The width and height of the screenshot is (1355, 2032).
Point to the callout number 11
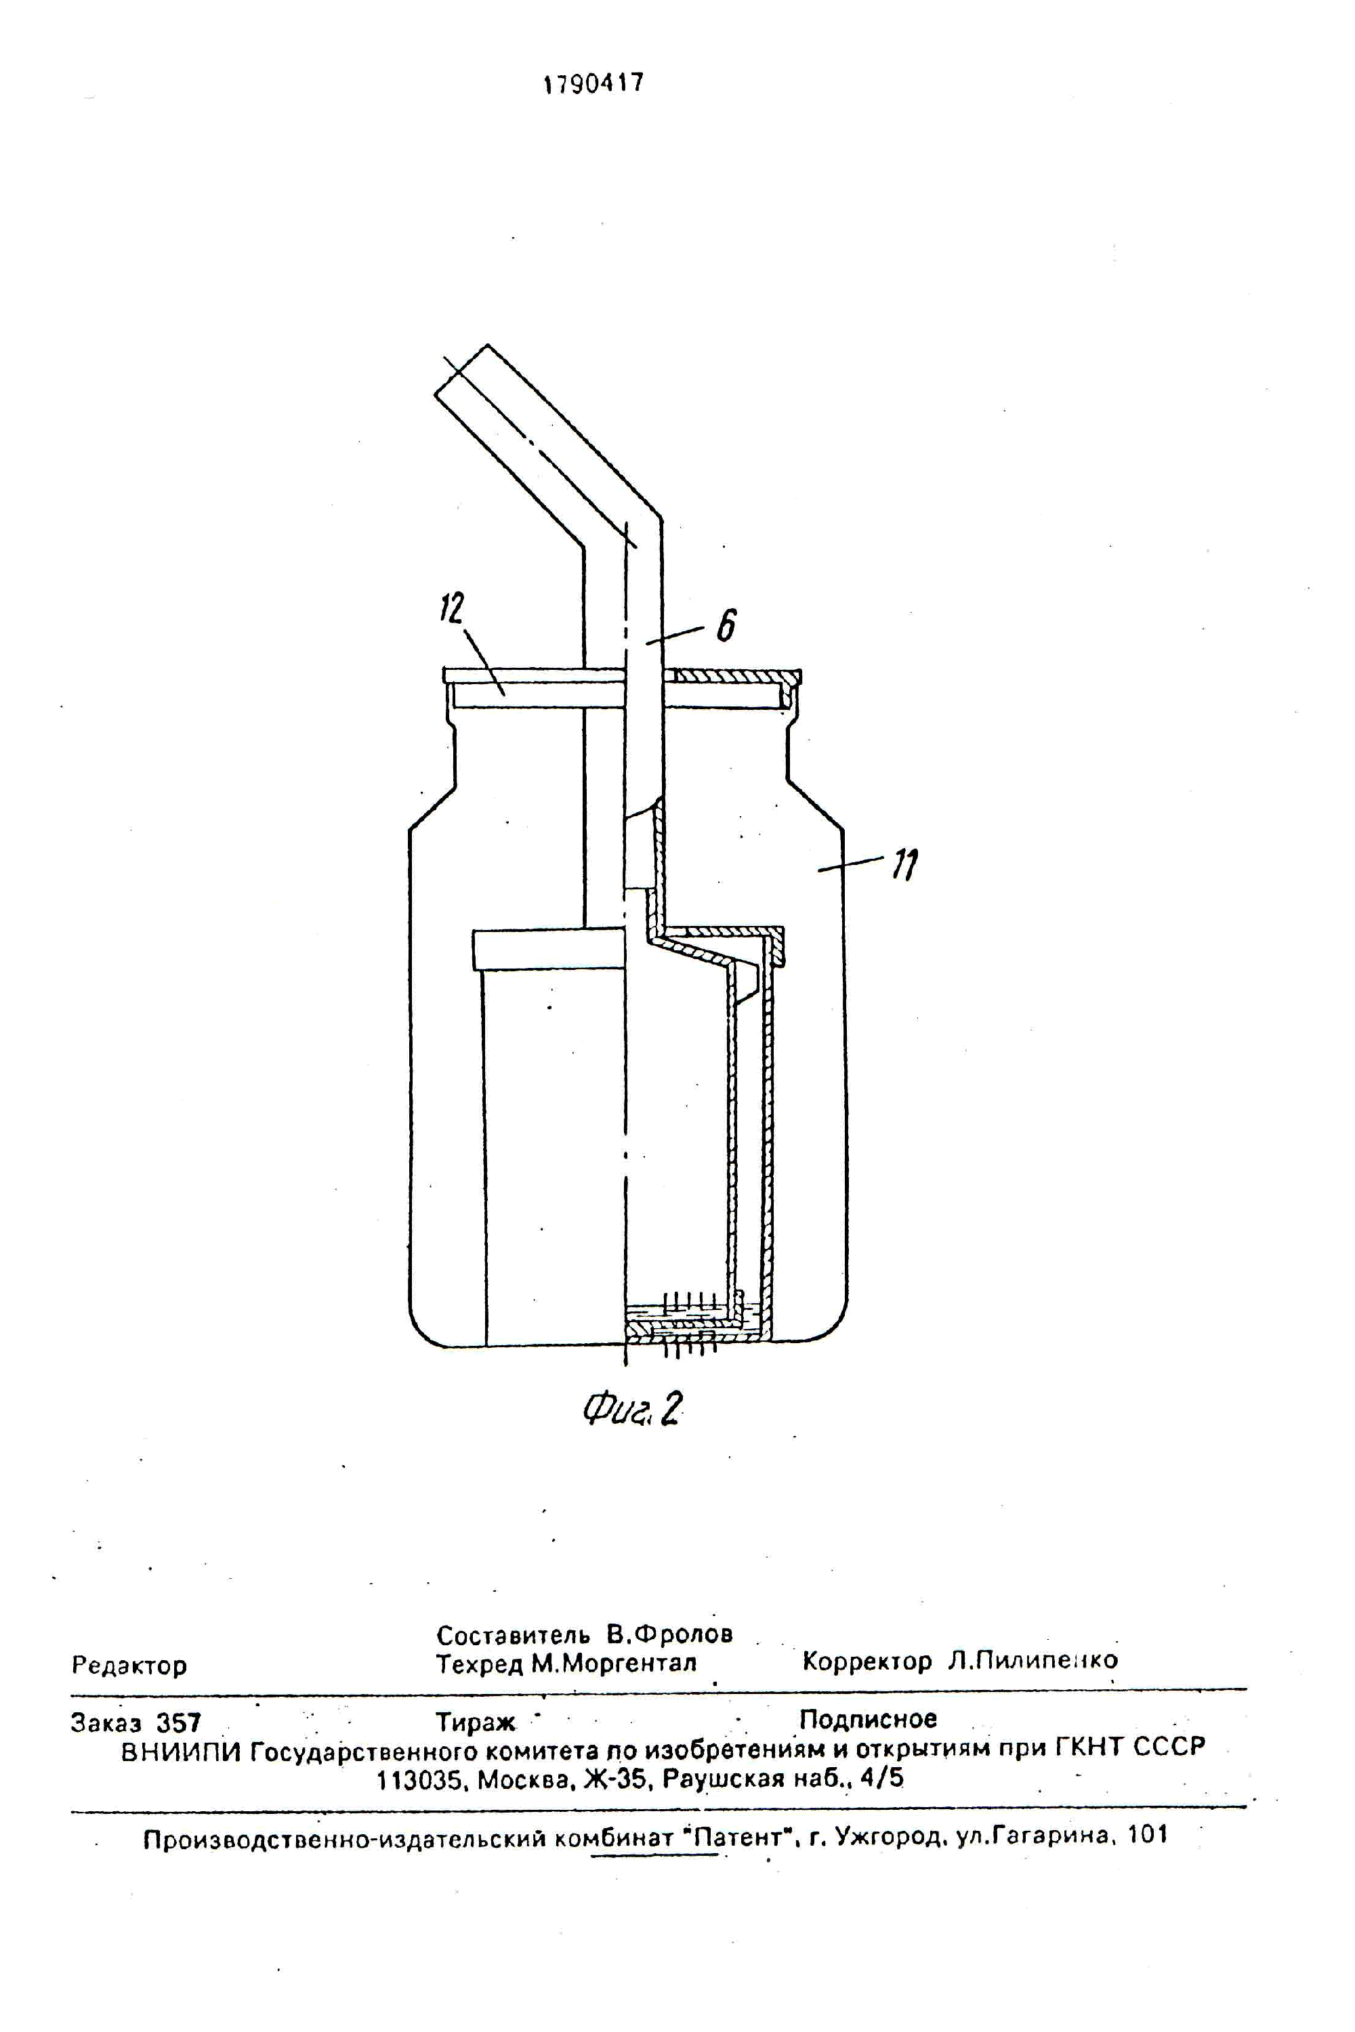(906, 864)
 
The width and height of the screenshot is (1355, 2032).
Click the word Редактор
(129, 1665)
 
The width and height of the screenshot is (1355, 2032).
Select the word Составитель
(514, 1634)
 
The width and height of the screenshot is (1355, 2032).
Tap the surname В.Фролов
(670, 1634)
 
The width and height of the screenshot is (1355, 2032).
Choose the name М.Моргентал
(614, 1663)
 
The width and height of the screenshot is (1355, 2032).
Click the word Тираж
(476, 1722)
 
